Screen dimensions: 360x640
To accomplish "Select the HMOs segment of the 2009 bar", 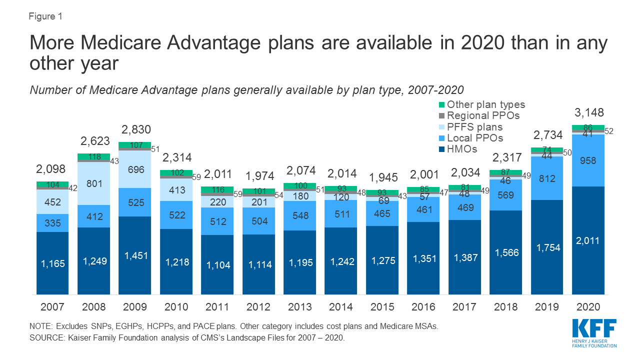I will click(134, 255).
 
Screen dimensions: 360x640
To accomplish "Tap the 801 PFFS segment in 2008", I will click(94, 183).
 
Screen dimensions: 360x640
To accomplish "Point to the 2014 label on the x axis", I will click(341, 306).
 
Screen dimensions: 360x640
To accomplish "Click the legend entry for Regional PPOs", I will click(483, 115).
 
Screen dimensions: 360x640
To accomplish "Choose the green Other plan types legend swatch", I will click(441, 105).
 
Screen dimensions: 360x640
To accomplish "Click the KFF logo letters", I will click(594, 330).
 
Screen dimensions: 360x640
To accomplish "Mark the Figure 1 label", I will click(46, 16).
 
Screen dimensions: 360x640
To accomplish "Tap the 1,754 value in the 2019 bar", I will click(546, 247).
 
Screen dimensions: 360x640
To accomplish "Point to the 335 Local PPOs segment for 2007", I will click(52, 223).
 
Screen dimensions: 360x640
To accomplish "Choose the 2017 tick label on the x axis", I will click(464, 306).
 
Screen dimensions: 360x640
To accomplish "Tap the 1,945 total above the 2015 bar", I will click(382, 178).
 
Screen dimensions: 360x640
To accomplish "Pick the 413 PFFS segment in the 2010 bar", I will click(176, 190).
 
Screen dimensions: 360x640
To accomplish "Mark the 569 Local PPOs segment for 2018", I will click(505, 195).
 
